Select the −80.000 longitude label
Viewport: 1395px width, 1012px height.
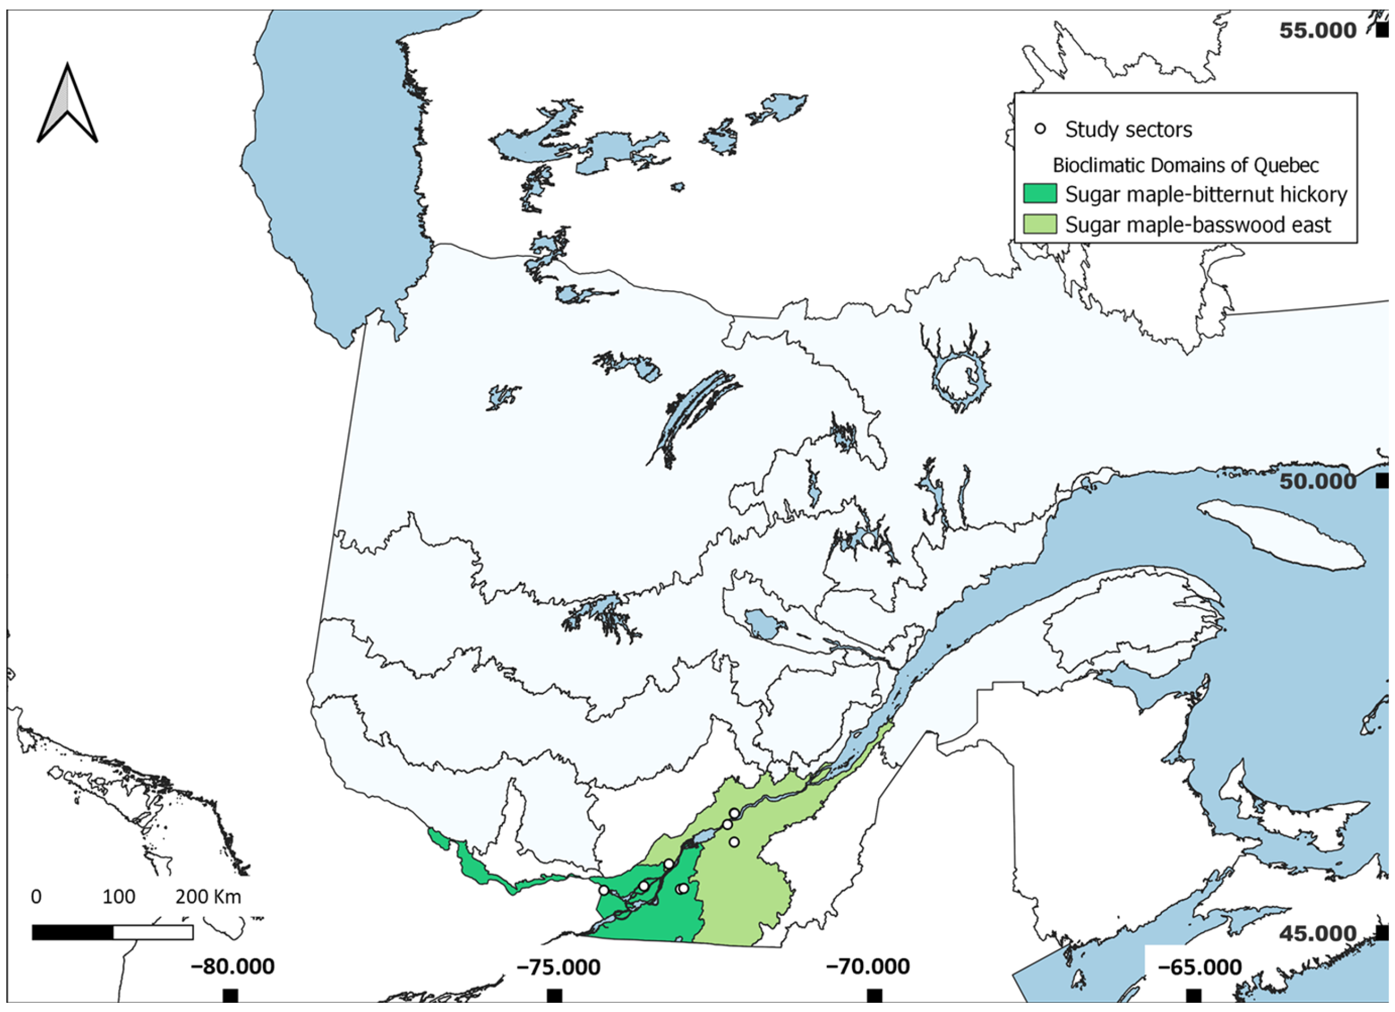233,966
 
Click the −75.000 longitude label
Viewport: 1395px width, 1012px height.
558,967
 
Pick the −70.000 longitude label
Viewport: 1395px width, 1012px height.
867,966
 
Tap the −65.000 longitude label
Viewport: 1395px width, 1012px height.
1199,967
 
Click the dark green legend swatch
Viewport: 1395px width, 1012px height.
1040,194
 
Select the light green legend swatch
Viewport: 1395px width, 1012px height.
1040,225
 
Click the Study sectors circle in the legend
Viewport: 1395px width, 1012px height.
1040,129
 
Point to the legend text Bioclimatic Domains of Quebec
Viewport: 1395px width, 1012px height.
1185,165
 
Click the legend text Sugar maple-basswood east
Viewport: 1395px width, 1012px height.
1198,225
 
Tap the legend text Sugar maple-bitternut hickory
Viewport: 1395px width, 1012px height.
1206,194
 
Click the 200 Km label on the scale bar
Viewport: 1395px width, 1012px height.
208,896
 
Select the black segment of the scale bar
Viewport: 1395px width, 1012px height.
72,933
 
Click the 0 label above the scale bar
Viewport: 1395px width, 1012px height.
36,896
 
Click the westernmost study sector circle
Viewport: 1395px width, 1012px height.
604,890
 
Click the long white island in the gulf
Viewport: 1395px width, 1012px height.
1279,534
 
